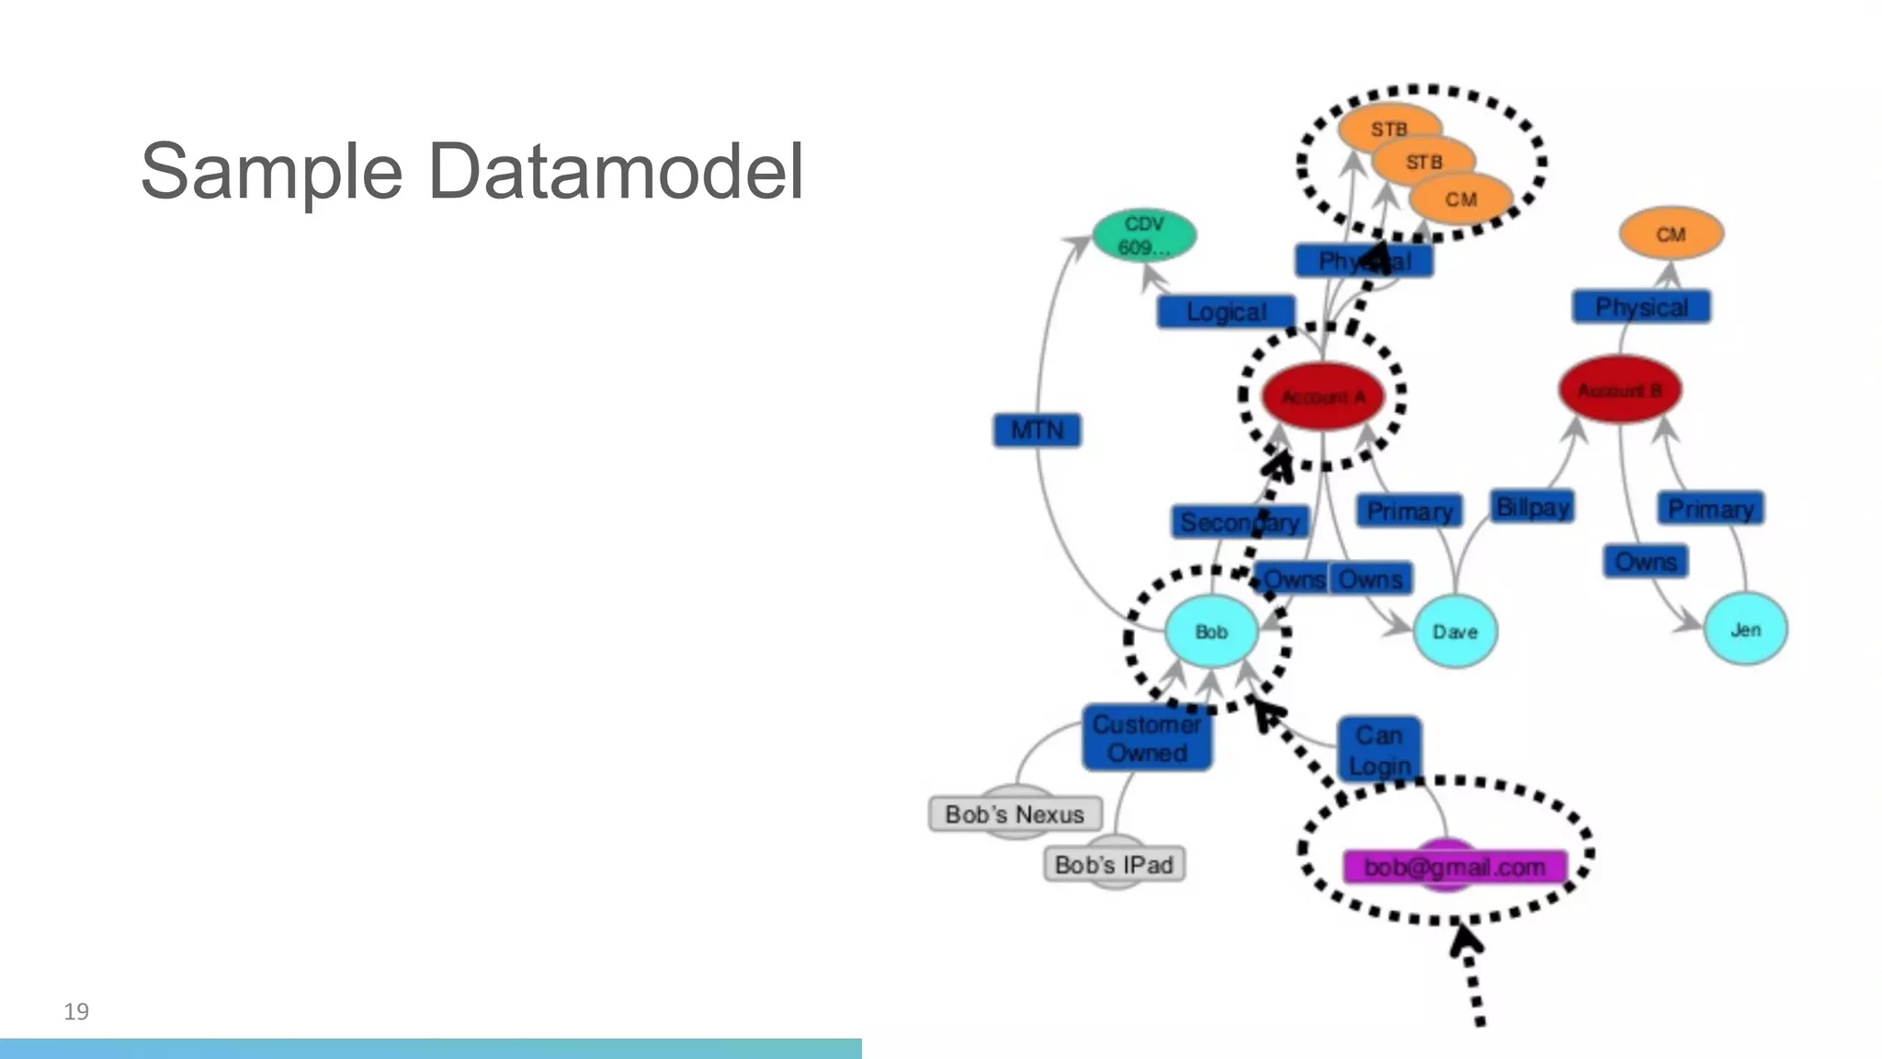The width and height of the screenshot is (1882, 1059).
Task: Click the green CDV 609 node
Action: point(1144,236)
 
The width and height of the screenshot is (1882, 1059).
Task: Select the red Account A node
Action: point(1322,397)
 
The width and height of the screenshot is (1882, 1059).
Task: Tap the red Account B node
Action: point(1620,390)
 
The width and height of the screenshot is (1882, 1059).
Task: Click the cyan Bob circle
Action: point(1211,632)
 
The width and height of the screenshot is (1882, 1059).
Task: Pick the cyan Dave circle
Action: point(1455,632)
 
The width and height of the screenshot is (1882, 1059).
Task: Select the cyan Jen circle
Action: point(1745,630)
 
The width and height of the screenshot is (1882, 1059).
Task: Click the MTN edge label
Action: point(1037,430)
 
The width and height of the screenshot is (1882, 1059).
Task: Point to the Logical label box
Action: point(1226,312)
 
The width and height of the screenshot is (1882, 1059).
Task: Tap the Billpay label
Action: point(1532,507)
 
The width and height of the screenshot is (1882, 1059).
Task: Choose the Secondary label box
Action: point(1239,522)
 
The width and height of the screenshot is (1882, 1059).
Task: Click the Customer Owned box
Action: point(1146,738)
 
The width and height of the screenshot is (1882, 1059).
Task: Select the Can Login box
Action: point(1379,749)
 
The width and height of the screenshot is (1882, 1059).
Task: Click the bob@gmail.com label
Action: point(1455,867)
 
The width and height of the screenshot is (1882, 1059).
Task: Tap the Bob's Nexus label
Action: point(1015,814)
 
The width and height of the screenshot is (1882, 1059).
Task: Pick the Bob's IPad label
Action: point(1114,865)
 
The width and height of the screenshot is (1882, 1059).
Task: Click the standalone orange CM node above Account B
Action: point(1670,234)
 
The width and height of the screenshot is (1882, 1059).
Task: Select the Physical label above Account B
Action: point(1641,307)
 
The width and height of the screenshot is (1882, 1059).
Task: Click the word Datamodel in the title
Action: point(616,172)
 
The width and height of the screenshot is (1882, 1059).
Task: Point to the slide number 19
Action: point(76,1012)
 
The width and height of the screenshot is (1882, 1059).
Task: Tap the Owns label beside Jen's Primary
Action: point(1646,562)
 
